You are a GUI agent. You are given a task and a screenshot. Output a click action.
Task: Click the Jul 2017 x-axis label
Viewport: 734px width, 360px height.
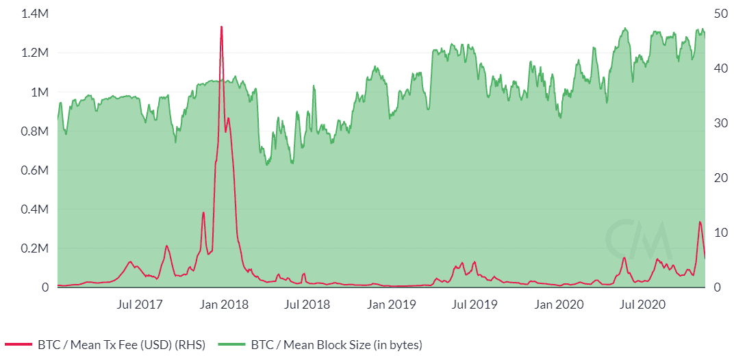pos(140,303)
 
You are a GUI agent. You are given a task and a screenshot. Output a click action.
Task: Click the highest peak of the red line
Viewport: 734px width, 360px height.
pos(221,27)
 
